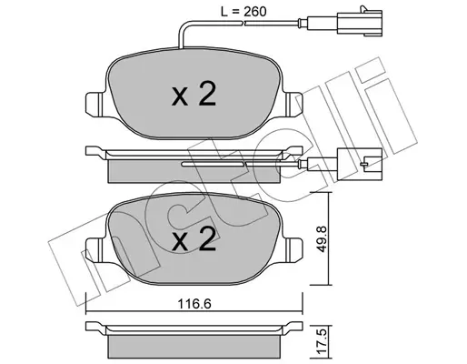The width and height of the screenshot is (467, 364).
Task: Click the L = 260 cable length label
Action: [x=243, y=12]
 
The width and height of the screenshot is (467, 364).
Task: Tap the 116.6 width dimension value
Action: [x=194, y=304]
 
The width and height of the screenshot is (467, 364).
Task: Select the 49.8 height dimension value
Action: [x=323, y=238]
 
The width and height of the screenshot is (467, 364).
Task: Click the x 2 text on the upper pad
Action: [x=194, y=95]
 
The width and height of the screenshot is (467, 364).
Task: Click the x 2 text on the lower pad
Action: [x=194, y=239]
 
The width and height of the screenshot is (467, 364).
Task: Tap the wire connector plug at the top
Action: [x=360, y=20]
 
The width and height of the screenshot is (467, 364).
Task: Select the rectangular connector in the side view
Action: [x=360, y=164]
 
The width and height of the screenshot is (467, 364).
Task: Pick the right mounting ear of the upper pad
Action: [x=293, y=104]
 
